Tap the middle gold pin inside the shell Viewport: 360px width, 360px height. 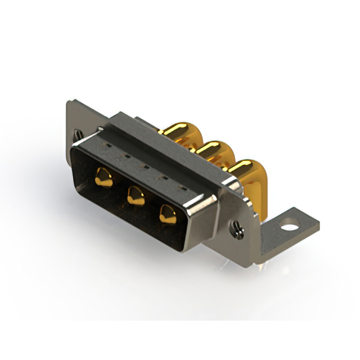[x=135, y=195]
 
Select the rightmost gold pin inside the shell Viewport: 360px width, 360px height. [x=167, y=214]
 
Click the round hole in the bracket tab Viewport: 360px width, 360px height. [x=289, y=228]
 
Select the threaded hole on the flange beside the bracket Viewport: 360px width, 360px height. [x=236, y=229]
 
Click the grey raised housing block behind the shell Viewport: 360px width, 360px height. [x=169, y=146]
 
